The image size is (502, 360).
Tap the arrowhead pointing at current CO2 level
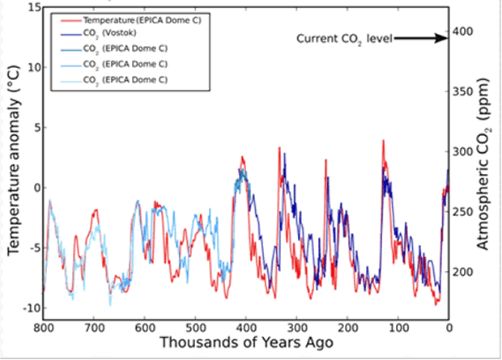point(443,37)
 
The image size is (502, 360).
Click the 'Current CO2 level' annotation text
point(345,38)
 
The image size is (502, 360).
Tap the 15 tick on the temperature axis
point(33,6)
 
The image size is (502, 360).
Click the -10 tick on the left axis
point(29,308)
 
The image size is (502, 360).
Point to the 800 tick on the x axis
point(44,328)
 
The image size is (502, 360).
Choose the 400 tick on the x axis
point(246,328)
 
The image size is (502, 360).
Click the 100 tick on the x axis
point(398,328)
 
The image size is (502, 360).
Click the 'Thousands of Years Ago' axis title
point(246,344)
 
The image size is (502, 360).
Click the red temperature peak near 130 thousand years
point(382,142)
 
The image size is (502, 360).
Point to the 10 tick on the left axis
point(33,67)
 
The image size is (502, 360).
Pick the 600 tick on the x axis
point(145,328)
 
